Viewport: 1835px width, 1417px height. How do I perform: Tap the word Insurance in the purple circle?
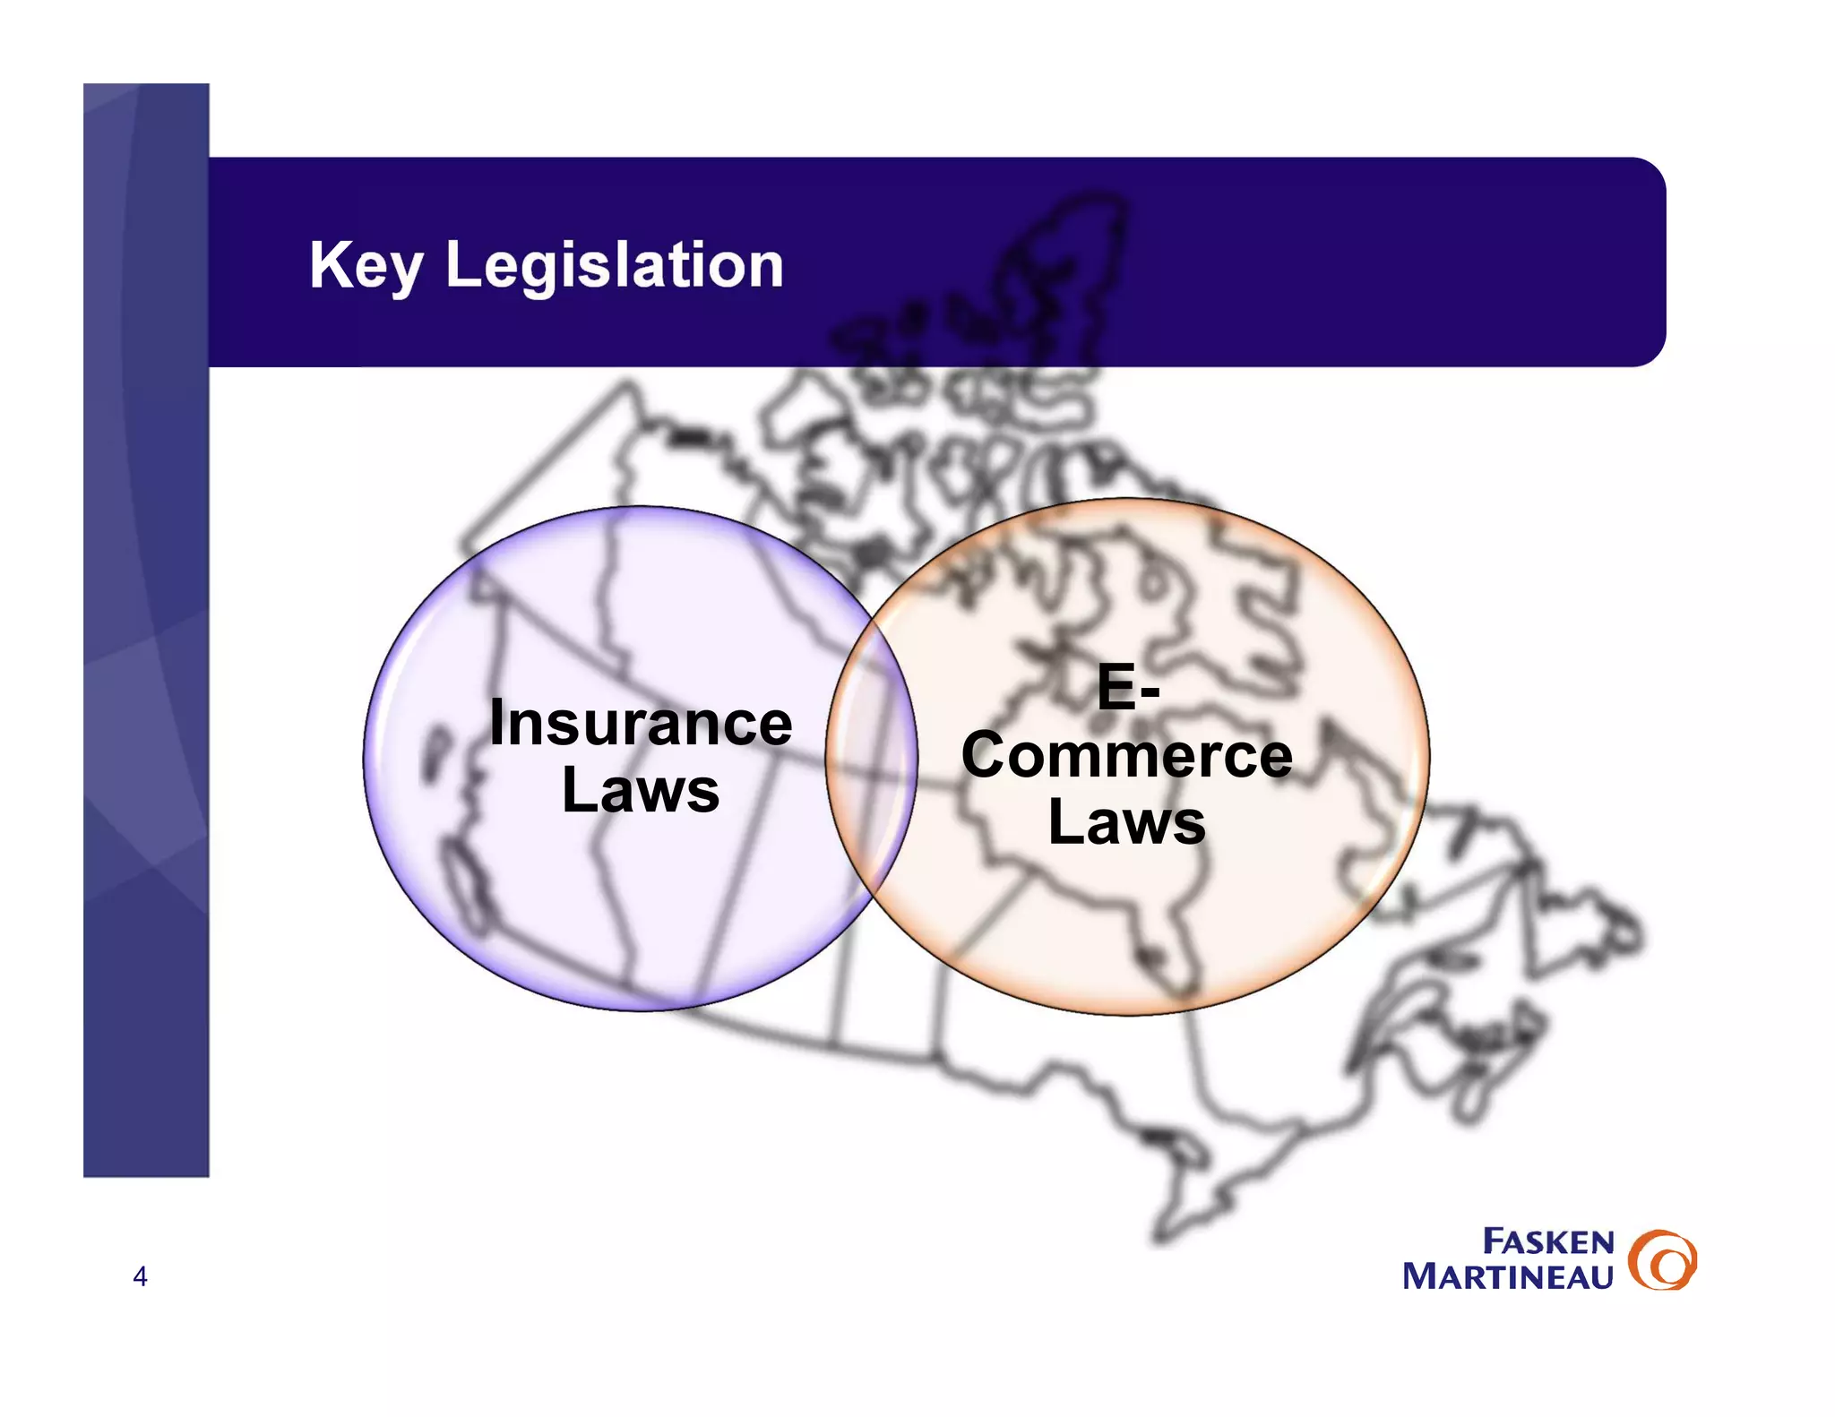[641, 724]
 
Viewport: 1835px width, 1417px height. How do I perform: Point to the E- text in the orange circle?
[1127, 688]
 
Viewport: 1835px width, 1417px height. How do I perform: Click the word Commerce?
[1127, 756]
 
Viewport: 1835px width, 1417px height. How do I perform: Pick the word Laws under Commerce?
[1127, 822]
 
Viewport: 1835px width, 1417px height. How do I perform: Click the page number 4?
[140, 1276]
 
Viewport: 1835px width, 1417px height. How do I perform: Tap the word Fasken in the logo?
[1548, 1242]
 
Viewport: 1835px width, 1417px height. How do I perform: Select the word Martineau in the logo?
[1508, 1276]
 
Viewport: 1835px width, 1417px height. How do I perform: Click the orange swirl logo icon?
[1662, 1259]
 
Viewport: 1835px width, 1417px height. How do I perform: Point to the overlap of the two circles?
[872, 757]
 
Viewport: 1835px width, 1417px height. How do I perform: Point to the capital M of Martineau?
[1423, 1276]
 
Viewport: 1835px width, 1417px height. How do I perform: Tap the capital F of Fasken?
[1494, 1241]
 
